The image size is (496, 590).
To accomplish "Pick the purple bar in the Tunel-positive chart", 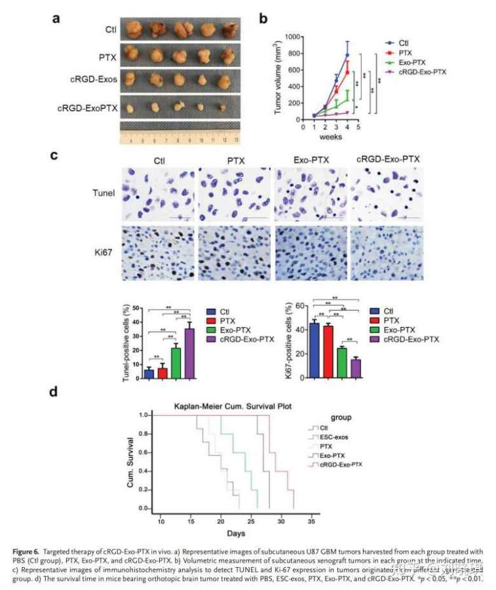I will tap(189, 353).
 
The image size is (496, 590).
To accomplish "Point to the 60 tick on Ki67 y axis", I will tap(301, 306).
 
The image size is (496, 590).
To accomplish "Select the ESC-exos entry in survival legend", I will tap(335, 436).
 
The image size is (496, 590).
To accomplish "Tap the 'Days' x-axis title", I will tap(236, 534).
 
